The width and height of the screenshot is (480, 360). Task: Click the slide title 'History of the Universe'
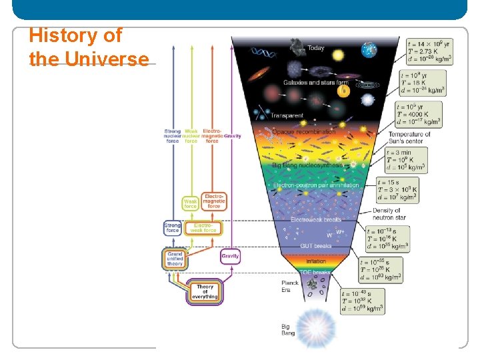(89, 47)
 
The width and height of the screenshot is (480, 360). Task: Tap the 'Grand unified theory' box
(175, 259)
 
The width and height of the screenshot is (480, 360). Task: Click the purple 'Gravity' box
(229, 256)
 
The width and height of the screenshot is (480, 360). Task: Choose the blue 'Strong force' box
(172, 227)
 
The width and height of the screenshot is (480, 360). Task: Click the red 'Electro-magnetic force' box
(214, 201)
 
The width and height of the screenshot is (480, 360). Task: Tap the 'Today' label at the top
(316, 49)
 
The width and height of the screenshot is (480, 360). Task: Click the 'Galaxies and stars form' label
(315, 83)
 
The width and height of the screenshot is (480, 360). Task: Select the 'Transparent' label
(286, 115)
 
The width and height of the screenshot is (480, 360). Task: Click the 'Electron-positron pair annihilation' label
(316, 185)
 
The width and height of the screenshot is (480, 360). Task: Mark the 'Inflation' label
(316, 261)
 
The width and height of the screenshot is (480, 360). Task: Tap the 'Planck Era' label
(290, 286)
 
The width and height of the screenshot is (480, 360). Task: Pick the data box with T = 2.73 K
(429, 51)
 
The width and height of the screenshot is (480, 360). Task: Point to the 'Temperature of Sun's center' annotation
(409, 138)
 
